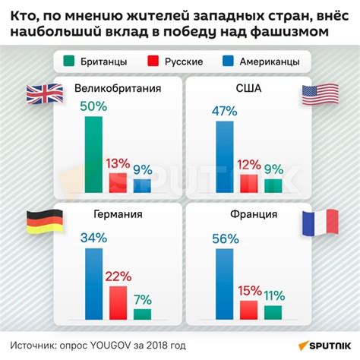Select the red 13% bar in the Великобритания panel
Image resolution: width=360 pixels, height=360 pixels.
point(118,183)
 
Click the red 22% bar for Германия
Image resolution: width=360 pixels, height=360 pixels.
point(118,302)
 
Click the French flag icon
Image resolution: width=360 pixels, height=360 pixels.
point(315,221)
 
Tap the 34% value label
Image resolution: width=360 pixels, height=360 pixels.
point(93,238)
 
